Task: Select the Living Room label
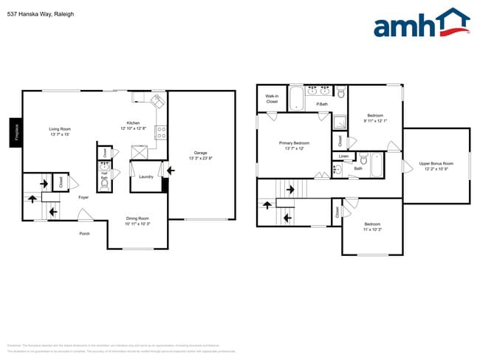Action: click(59, 131)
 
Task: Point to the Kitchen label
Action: click(133, 126)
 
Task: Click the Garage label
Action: click(201, 155)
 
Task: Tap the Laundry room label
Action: click(145, 177)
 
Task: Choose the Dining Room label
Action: click(137, 221)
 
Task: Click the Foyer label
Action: click(84, 197)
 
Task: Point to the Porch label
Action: click(85, 234)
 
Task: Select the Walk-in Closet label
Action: click(272, 98)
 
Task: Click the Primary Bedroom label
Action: click(294, 145)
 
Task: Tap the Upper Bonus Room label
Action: click(436, 165)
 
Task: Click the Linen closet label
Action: click(343, 156)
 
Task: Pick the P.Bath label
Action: click(323, 104)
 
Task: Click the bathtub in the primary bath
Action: click(296, 98)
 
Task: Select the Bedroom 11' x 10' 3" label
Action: click(371, 226)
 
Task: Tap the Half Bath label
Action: click(104, 177)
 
